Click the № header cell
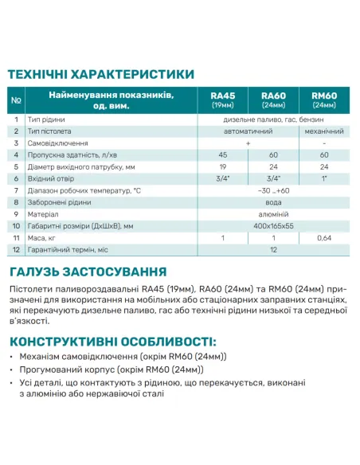click(17, 100)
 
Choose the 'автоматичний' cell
click(248, 131)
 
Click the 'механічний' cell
click(323, 131)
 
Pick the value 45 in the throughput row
click(223, 154)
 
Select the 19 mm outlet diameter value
click(223, 166)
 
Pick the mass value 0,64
click(323, 238)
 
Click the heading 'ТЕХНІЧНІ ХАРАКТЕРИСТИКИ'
click(101, 74)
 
